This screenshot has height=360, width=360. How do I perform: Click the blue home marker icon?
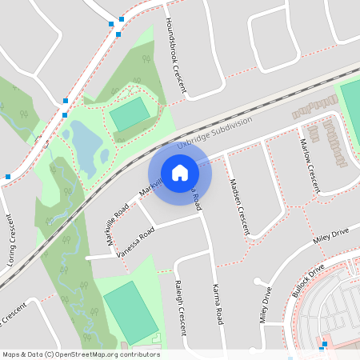180,172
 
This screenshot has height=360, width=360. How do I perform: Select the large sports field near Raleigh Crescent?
130,310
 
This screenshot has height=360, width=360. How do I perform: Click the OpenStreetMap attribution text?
80,354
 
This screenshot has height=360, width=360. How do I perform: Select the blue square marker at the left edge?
7,176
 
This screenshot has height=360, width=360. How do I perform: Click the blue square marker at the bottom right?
322,347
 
